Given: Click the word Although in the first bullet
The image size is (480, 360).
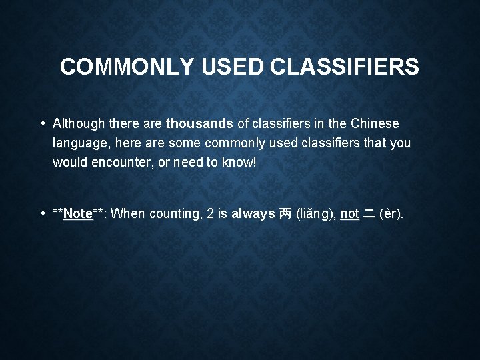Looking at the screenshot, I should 80,123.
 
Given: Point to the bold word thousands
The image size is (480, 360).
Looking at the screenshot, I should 200,123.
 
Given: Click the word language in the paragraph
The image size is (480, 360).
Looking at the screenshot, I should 80,143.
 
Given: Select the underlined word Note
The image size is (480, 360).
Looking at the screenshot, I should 77,213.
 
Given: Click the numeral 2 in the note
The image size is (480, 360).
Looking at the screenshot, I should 211,213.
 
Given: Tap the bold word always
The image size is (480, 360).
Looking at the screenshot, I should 253,213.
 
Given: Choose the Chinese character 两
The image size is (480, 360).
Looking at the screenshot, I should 285,213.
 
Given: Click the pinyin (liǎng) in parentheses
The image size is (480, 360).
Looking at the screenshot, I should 315,213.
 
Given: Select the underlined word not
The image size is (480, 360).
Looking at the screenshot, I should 349,213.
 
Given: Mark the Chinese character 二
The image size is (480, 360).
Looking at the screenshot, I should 369,213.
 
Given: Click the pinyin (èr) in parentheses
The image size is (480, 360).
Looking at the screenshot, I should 391,213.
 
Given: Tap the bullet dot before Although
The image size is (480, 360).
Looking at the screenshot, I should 43,123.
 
